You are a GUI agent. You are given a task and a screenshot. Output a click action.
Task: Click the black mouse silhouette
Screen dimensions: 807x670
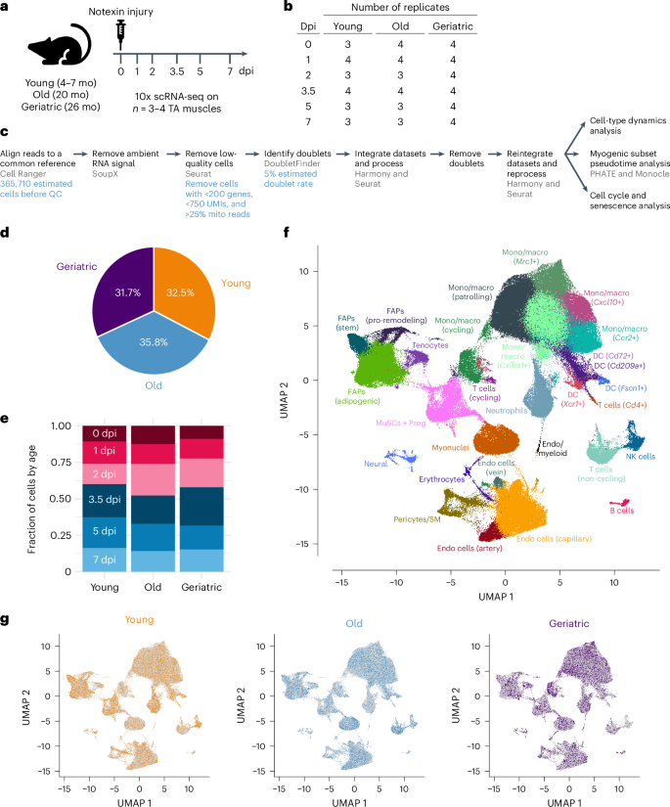[x=58, y=49]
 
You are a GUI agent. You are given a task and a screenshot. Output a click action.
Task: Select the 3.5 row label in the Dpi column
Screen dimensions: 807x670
[x=306, y=87]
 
